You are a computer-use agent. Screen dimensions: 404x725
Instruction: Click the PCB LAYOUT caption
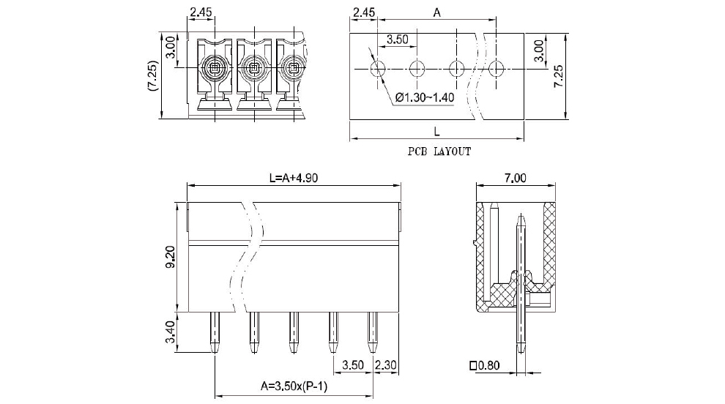click(439, 152)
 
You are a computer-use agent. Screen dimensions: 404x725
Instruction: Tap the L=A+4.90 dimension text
click(294, 177)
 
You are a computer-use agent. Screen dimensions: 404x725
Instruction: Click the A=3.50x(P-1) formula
click(294, 386)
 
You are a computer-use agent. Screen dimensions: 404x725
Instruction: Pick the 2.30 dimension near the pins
click(385, 364)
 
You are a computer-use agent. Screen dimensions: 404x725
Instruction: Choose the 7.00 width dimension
click(516, 177)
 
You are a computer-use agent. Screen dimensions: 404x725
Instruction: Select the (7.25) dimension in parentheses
click(151, 75)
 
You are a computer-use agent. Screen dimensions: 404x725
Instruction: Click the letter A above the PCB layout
click(437, 12)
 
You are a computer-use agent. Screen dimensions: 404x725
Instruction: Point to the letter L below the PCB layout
click(436, 131)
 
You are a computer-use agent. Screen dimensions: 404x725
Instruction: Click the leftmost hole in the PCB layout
click(378, 70)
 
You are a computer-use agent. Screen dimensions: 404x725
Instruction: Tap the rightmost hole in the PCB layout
click(497, 70)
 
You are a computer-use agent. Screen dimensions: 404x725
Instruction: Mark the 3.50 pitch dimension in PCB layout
click(397, 40)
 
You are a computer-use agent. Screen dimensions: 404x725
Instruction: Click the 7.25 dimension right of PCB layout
click(558, 75)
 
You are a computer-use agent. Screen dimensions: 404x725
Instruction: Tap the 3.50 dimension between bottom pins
click(353, 364)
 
